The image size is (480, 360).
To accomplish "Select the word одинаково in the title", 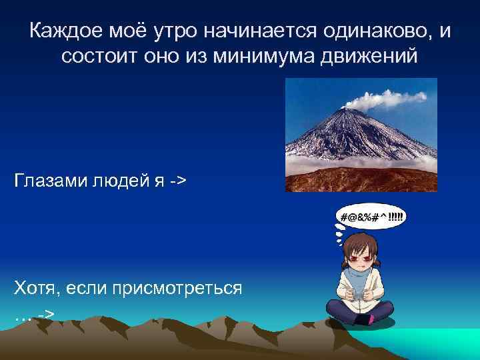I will point(375,31).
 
